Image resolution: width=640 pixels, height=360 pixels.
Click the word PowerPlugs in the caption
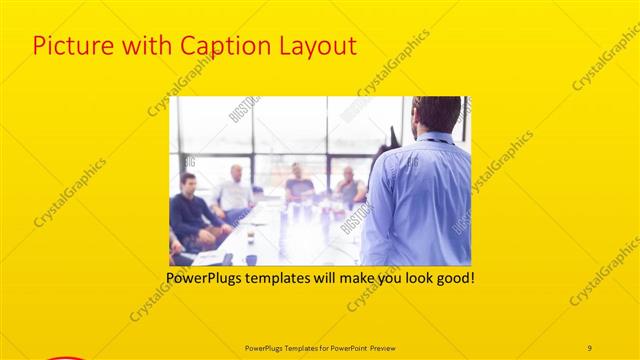[x=203, y=277]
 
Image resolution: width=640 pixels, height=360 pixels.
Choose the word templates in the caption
[x=276, y=277]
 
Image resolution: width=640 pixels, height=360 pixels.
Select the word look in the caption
[x=412, y=277]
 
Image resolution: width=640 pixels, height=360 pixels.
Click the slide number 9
[x=589, y=347]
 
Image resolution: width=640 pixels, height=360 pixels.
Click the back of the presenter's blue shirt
[x=420, y=200]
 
